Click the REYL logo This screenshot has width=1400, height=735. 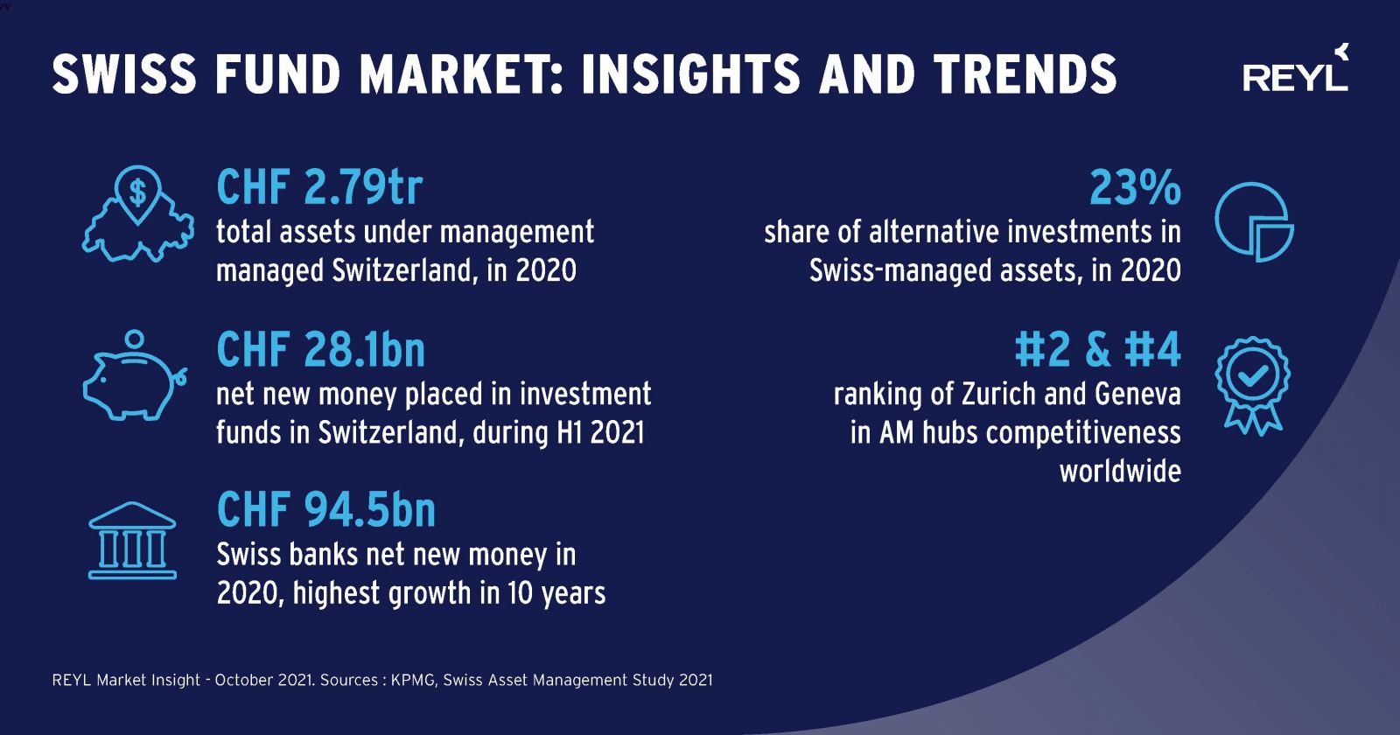click(1296, 69)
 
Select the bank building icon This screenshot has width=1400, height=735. click(132, 541)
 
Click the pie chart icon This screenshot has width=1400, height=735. click(1255, 222)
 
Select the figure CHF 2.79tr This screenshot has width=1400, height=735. click(319, 187)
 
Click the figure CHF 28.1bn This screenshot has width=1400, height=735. click(320, 349)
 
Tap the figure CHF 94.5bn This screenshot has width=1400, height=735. click(325, 510)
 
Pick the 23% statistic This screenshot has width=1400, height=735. click(1135, 187)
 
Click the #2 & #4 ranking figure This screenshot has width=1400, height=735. click(1097, 349)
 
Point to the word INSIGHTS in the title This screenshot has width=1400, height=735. click(690, 73)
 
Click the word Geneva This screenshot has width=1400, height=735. click(1137, 395)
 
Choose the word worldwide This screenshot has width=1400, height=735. click(1120, 471)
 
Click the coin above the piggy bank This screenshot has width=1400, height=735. click(135, 339)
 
